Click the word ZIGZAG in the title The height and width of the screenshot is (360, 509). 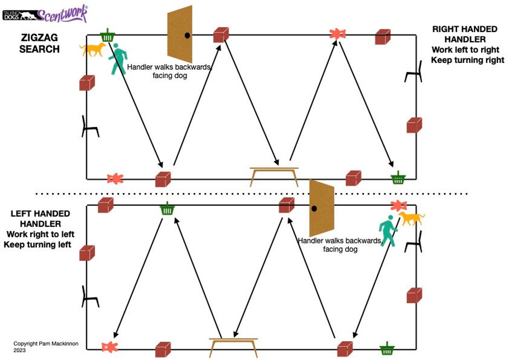39,38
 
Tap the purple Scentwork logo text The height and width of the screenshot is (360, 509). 63,14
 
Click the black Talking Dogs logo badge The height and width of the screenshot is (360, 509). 20,15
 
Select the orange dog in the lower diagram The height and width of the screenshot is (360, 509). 412,218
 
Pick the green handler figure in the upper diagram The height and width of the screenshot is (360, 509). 117,59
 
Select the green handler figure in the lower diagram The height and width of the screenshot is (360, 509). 388,230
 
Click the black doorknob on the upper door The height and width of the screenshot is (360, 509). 188,35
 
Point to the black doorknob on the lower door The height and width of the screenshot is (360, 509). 314,209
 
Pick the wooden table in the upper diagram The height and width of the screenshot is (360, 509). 274,176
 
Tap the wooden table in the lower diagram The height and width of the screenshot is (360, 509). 234,347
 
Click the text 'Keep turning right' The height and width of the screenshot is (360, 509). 467,60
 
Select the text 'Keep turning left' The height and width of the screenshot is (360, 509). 38,244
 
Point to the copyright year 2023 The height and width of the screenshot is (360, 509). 20,350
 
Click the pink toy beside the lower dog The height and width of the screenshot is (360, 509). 399,205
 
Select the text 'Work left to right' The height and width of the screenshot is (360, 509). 466,50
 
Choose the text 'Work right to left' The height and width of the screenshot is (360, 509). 40,234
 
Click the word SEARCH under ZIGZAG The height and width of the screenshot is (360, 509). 39,49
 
